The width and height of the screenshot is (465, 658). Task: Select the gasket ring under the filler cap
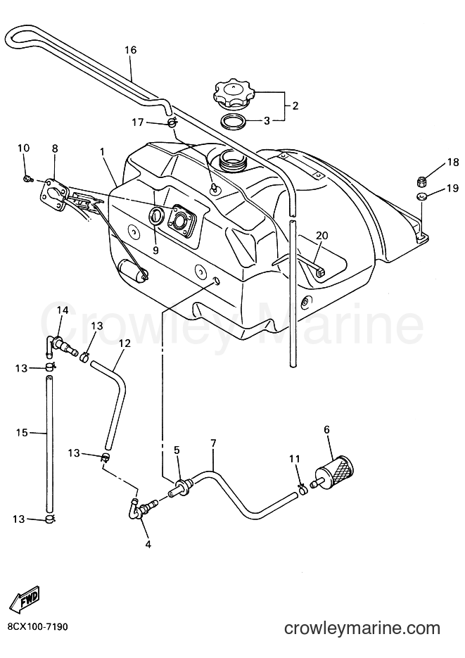[234, 121]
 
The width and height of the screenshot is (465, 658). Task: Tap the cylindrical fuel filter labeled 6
[335, 471]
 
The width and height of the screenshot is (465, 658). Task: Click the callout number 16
[130, 50]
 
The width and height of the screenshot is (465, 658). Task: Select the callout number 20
[322, 236]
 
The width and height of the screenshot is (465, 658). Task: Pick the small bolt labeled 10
[27, 179]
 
